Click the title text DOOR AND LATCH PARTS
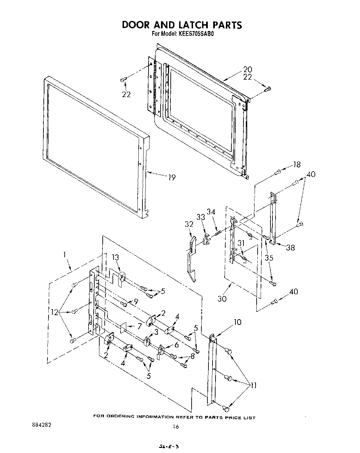[182, 25]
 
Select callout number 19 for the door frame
[172, 177]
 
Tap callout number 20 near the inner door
[248, 69]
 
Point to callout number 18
[296, 164]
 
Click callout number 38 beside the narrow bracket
[290, 248]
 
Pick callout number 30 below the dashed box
[222, 298]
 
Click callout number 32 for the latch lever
[189, 224]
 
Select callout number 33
[201, 217]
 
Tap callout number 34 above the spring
[211, 212]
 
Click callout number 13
[116, 258]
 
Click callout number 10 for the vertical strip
[237, 322]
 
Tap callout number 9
[136, 302]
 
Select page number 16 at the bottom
[175, 427]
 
